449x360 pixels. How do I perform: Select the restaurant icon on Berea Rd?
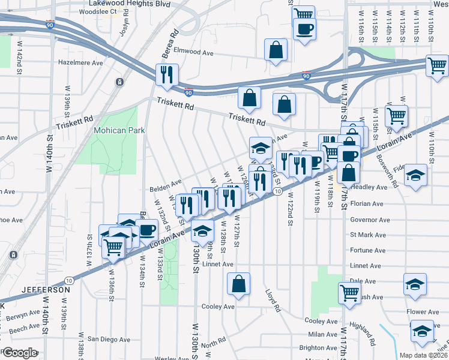tap(166, 74)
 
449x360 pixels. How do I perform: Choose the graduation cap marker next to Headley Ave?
tap(415, 175)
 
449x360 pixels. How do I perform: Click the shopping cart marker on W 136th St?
tap(113, 246)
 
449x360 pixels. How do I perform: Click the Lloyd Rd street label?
tap(274, 301)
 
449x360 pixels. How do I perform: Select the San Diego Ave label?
tap(109, 339)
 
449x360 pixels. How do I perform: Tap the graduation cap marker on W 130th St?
tap(203, 230)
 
